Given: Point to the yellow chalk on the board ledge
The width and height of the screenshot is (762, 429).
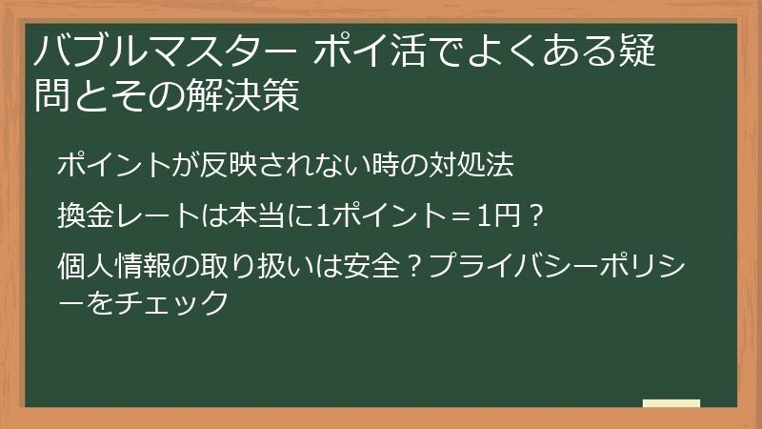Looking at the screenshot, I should (671, 402).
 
